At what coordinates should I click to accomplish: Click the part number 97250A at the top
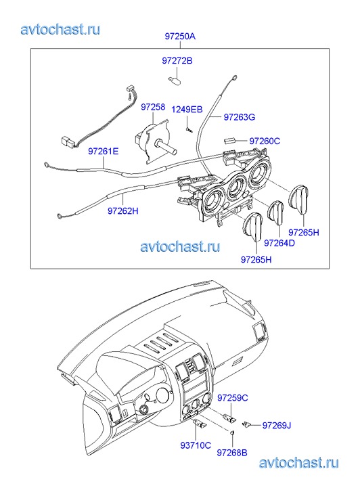point(180,37)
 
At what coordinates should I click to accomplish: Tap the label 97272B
point(177,60)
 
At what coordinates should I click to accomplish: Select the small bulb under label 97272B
point(173,80)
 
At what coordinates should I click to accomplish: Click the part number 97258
point(153,107)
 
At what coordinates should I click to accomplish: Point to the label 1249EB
point(187,110)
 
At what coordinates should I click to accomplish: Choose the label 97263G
point(239,117)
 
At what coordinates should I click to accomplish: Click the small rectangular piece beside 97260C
point(230,140)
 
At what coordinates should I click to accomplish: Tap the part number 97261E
point(104,152)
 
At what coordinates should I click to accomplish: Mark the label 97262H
point(123,211)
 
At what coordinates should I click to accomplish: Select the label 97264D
point(279,243)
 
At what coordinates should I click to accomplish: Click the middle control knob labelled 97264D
point(275,213)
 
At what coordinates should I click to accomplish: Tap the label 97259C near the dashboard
point(233,398)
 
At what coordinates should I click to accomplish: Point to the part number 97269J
point(277,426)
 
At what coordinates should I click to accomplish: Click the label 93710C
point(196,445)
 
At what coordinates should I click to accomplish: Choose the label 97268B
point(232,453)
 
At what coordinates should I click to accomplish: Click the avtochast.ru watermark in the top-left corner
point(60,30)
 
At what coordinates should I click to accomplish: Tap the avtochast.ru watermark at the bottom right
point(299,463)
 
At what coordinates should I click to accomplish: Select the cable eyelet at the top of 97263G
point(234,78)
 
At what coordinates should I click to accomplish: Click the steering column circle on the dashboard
point(144,410)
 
